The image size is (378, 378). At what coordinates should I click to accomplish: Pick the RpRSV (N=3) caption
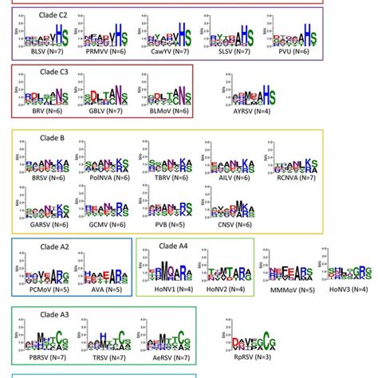click(248, 356)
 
